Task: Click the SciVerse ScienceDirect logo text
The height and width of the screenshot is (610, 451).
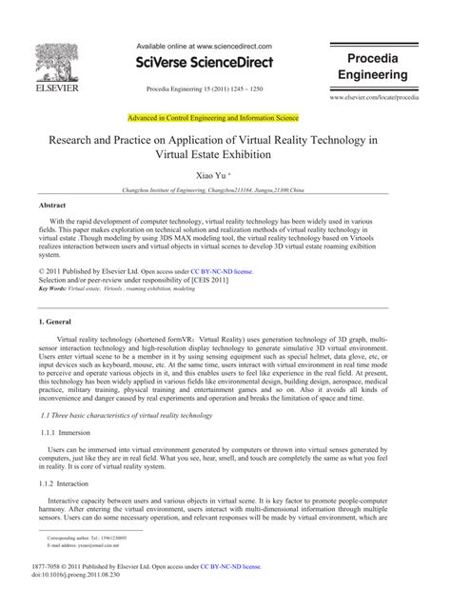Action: coord(205,62)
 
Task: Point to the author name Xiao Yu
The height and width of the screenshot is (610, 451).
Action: coord(225,177)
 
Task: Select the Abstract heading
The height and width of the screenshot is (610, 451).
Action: coord(52,205)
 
